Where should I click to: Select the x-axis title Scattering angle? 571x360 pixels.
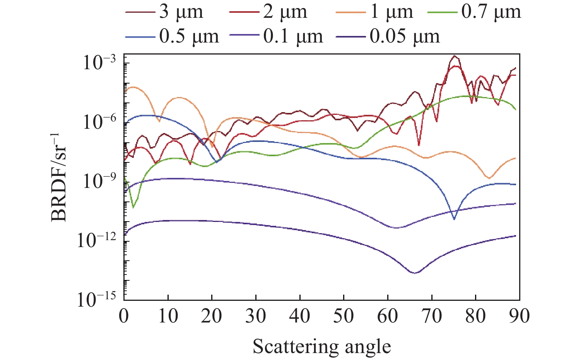(322, 346)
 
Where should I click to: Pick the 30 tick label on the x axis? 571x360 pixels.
(256, 316)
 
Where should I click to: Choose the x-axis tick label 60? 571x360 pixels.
(388, 316)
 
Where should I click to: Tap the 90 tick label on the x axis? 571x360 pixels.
(519, 316)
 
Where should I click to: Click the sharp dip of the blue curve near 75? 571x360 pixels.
(454, 219)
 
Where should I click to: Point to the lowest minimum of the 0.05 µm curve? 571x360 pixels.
(414, 273)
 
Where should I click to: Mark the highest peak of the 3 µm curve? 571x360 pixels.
(455, 56)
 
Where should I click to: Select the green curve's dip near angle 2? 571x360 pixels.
(133, 208)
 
